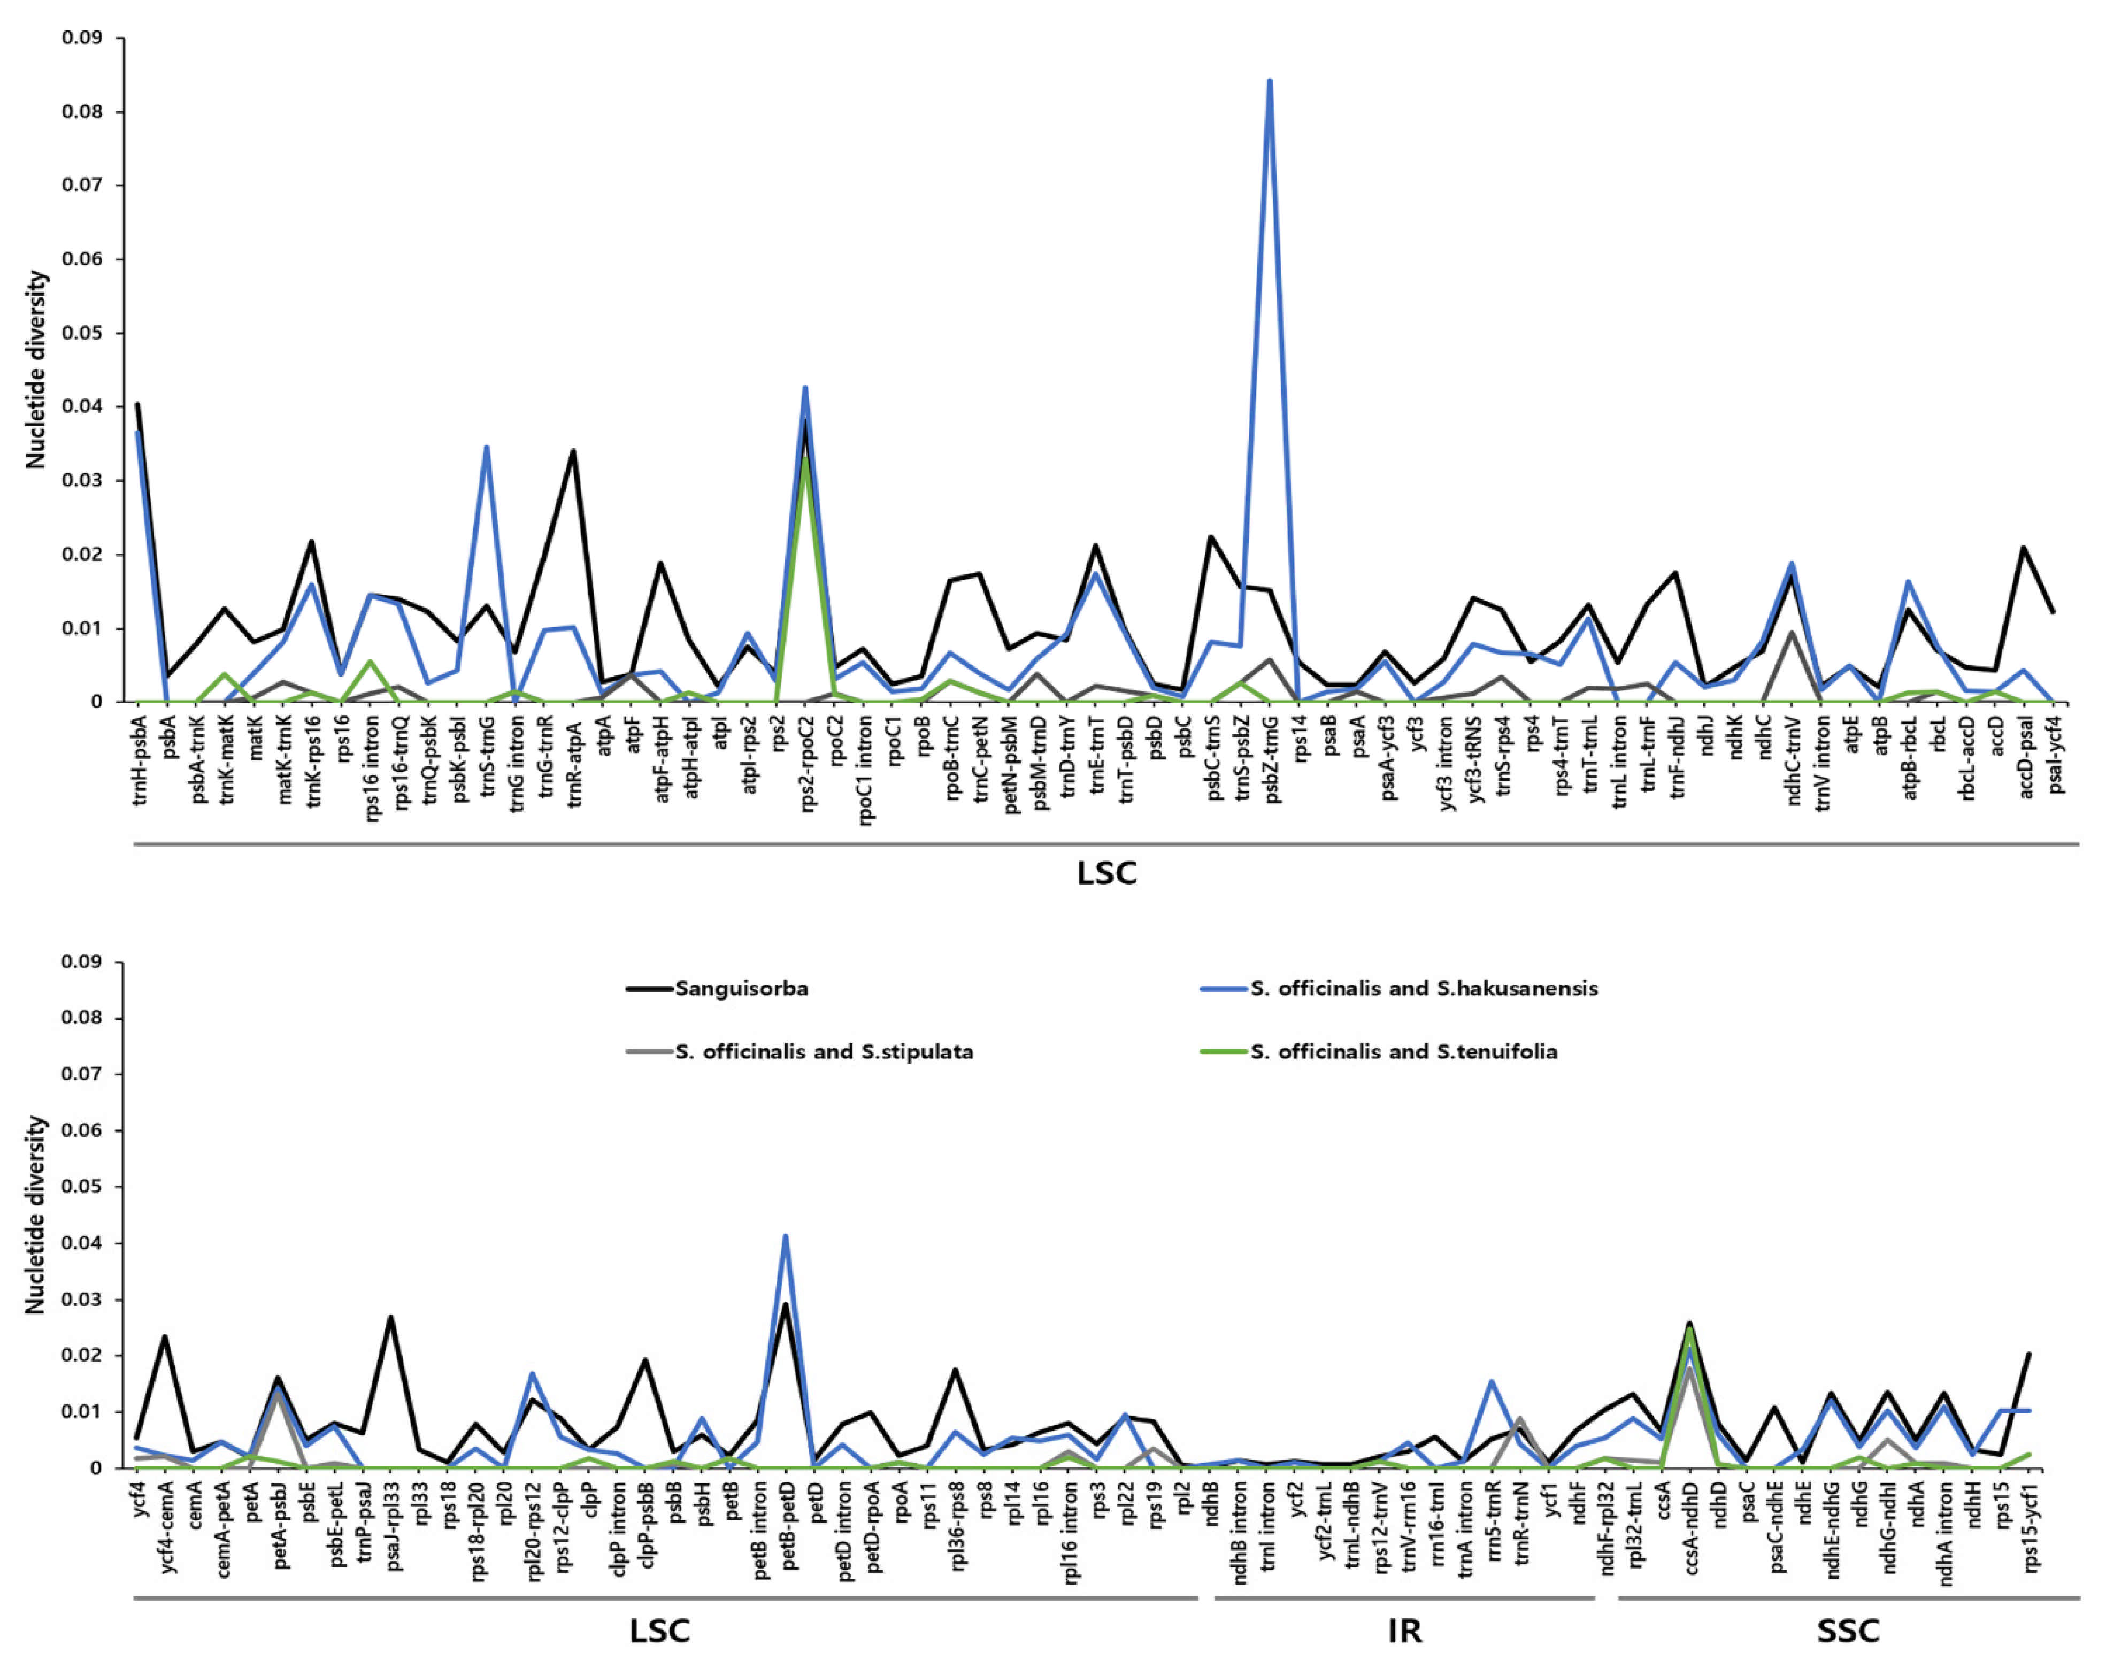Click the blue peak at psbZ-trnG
click(x=1269, y=81)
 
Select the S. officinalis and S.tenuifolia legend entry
click(x=1403, y=1052)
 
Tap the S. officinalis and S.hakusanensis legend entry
click(x=1424, y=988)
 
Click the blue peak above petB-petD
click(x=786, y=1237)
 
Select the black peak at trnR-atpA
click(x=573, y=451)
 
